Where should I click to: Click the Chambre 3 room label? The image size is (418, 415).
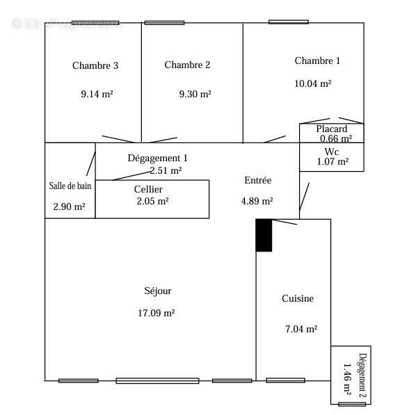coord(95,66)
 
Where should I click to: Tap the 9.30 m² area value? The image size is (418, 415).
coord(195,94)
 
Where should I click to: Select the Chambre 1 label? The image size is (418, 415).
coord(317,61)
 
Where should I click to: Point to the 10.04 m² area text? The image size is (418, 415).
coord(312,83)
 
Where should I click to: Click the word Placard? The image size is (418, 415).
coord(331,129)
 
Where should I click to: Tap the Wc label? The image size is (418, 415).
coord(332,152)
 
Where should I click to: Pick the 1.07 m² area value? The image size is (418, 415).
coord(332,162)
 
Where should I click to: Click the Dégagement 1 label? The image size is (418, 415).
coord(157,158)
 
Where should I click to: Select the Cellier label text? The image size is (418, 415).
coord(148,189)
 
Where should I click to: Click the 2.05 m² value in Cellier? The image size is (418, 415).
coord(152,201)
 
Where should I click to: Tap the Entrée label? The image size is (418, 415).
coord(257,181)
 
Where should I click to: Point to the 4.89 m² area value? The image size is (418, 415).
coord(256,202)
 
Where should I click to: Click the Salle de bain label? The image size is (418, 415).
coord(70,186)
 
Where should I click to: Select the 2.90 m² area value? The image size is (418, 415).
coord(69,207)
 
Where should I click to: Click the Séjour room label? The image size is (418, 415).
coord(157,291)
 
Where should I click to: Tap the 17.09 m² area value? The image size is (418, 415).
coord(156,314)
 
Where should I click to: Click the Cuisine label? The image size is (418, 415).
coord(298,299)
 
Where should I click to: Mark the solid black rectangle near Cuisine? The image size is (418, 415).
coord(264,235)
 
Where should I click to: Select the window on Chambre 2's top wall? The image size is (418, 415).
coord(164,23)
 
